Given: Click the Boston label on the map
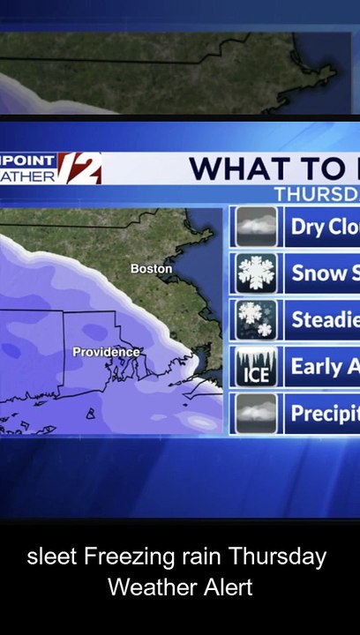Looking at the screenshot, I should [151, 268].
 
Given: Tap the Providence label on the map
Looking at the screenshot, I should [106, 352].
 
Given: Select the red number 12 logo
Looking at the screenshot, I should [81, 168].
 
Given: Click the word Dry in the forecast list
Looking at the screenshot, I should [308, 228].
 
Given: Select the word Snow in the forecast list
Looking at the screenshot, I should [319, 273].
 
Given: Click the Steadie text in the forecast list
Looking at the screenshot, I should [324, 319].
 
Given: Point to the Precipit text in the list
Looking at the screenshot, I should [324, 413].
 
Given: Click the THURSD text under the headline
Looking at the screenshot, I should [316, 194].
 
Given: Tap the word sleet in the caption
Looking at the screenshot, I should [52, 557].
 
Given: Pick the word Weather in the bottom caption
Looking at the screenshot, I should [146, 586].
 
